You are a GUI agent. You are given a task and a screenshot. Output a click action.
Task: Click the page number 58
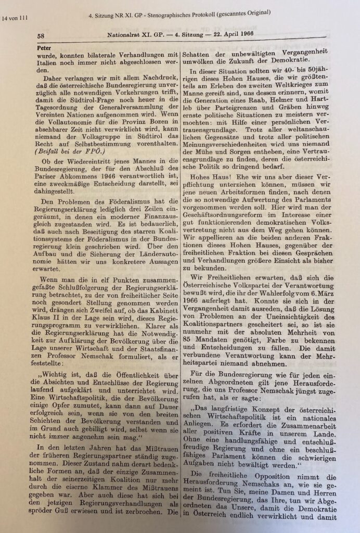pyautogui.click(x=40, y=36)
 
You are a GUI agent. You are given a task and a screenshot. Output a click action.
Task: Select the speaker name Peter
pyautogui.click(x=41, y=46)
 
